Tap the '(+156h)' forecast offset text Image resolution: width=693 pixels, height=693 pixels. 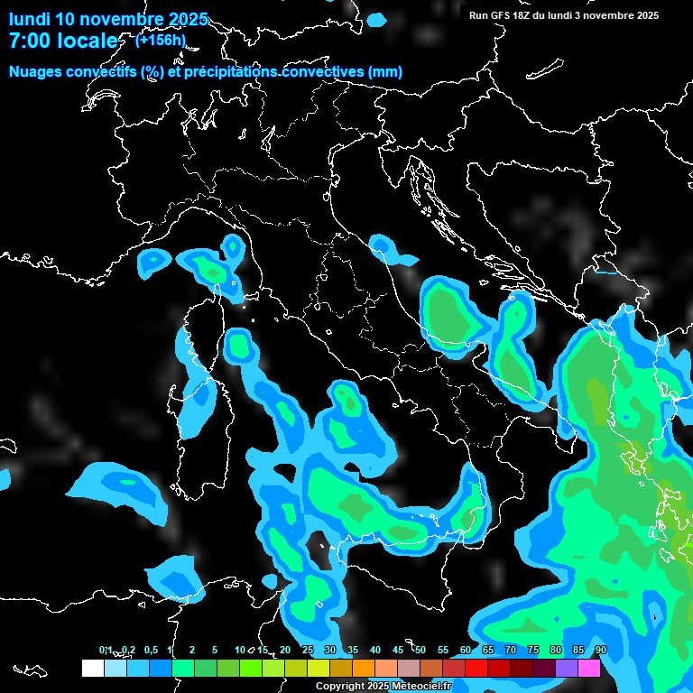coord(160,40)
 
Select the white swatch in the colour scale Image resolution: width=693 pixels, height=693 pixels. coord(92,668)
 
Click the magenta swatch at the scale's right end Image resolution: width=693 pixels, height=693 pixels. coord(589,668)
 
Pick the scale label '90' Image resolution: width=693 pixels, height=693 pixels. coord(601,650)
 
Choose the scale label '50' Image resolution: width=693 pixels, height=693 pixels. coord(420,650)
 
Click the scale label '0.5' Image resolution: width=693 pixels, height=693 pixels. coord(150,650)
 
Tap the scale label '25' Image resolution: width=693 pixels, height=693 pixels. coord(308,650)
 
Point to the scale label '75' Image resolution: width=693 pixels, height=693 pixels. coord(533,650)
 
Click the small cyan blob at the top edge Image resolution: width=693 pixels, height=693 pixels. coord(376,19)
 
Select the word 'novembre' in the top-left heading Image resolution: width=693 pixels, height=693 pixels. coord(121,19)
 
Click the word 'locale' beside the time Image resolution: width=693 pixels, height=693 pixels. coord(87,42)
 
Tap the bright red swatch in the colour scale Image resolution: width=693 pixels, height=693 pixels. coord(476,668)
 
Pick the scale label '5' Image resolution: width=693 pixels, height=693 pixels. coord(215,650)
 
